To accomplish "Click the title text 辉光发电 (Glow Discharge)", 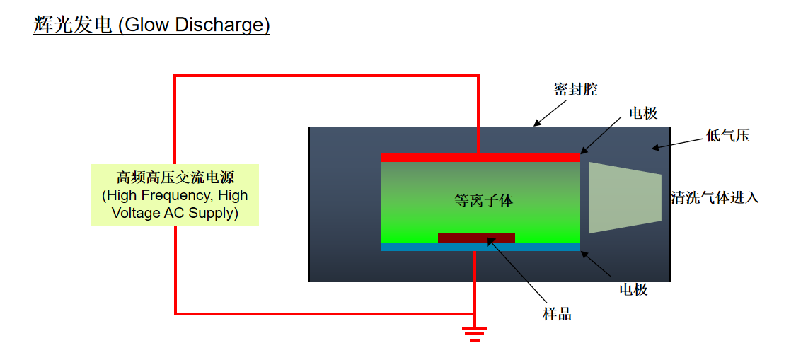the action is (x=152, y=24).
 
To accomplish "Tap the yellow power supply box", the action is (x=175, y=195).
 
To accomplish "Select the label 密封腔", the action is (x=575, y=90).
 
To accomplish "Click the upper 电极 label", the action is (x=642, y=112).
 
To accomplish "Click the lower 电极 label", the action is (x=633, y=289).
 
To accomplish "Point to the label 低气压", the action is (x=727, y=136).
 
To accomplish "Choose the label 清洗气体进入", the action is (x=715, y=197).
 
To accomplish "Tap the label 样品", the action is (x=558, y=314).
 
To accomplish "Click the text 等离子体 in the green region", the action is (x=484, y=201).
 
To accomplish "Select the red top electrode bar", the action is (x=480, y=158).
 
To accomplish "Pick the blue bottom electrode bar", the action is (x=480, y=247).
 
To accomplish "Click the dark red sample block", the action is (x=476, y=238).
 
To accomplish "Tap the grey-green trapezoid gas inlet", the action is (x=625, y=197).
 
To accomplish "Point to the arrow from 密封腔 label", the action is (x=550, y=112).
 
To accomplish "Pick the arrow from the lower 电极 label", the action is (x=596, y=264).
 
